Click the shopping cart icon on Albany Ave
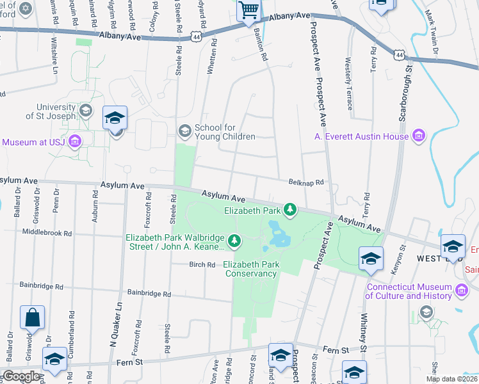pos(248,10)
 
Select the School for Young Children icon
pos(184,131)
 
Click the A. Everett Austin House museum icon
pos(419,135)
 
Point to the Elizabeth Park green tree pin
pos(290,209)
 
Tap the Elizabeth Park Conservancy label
pos(250,269)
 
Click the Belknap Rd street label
pos(307,182)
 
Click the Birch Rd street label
pos(202,264)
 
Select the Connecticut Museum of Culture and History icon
pos(461,291)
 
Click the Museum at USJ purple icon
pos(75,141)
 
